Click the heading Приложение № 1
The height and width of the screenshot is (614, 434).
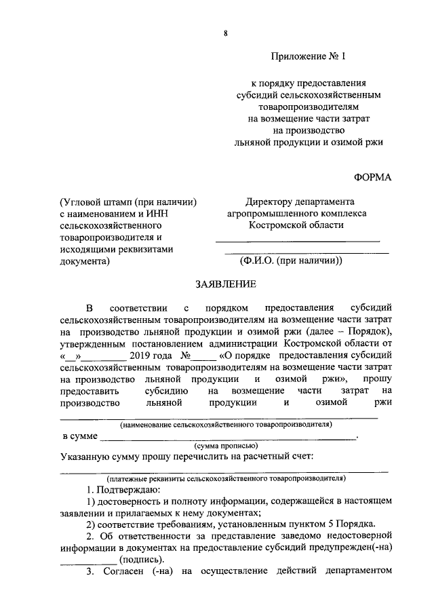(308, 58)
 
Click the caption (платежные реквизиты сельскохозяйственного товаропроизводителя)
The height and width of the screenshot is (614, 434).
(224, 478)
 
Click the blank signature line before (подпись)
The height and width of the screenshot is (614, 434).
(87, 560)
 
